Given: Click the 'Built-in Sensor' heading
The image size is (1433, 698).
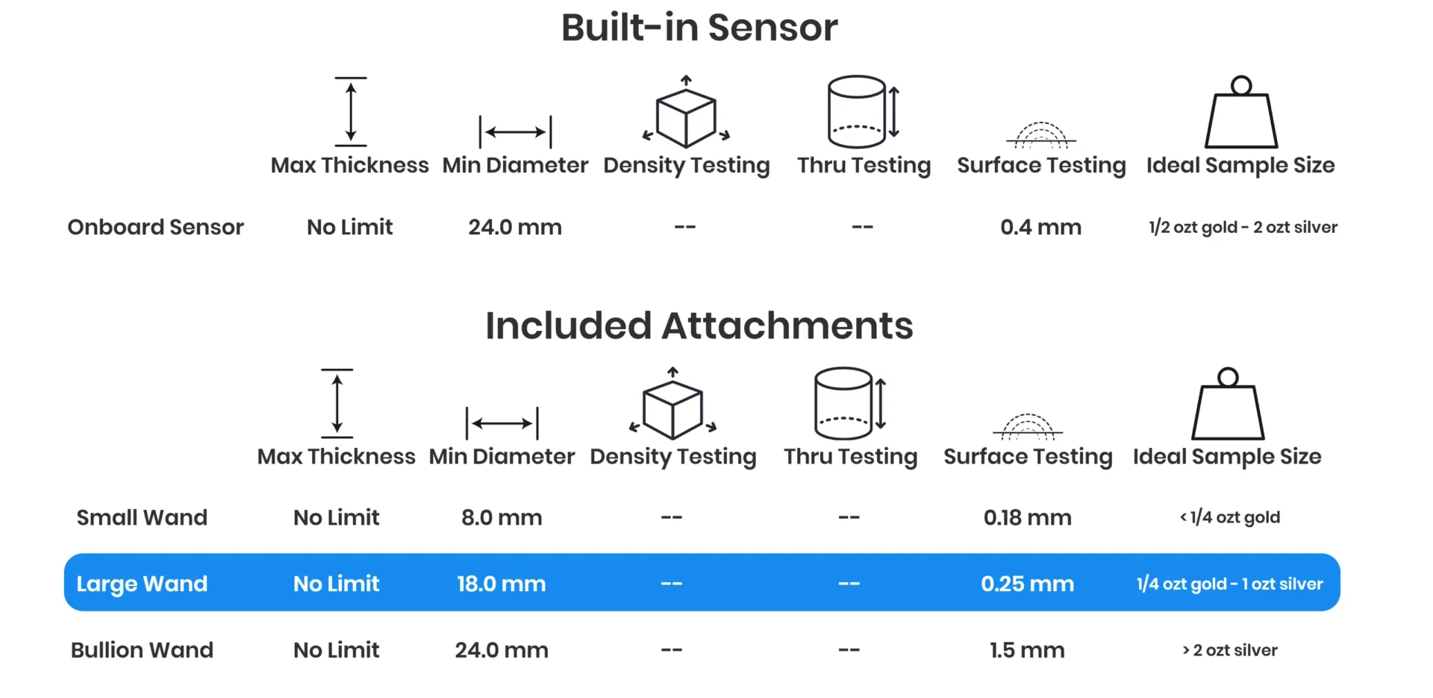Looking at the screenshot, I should point(699,28).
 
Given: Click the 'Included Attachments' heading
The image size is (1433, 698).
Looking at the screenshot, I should point(699,326).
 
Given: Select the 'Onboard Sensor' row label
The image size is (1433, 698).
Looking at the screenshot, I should point(155,227).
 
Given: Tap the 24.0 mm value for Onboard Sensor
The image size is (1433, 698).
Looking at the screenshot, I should point(515,227).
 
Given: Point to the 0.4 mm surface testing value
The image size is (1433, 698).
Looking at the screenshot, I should point(1040,227).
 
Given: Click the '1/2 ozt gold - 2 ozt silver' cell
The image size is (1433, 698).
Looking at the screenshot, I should point(1243,227).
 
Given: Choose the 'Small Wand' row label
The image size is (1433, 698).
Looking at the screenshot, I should point(142,517).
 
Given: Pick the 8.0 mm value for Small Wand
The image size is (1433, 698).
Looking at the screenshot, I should point(502,517).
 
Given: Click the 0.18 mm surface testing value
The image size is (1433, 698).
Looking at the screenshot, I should point(1027,517).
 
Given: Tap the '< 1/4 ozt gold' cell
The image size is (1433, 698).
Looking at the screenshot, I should point(1230,517).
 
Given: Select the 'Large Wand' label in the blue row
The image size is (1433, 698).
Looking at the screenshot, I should point(142,584).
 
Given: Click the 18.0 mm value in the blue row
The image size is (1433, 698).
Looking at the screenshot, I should point(502,584).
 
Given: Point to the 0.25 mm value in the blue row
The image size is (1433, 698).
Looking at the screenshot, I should point(1027,584).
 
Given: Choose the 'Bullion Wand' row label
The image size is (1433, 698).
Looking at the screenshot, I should point(142,650).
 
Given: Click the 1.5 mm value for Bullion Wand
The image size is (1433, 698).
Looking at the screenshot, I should point(1027,650).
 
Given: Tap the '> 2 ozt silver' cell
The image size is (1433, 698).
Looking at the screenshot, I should point(1230,650).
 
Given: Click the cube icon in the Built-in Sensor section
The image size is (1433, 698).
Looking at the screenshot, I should point(686,116).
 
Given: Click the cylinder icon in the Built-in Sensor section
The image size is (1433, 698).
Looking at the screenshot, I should point(858,112).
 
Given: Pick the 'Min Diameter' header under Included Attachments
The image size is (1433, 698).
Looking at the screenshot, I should point(502,456).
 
